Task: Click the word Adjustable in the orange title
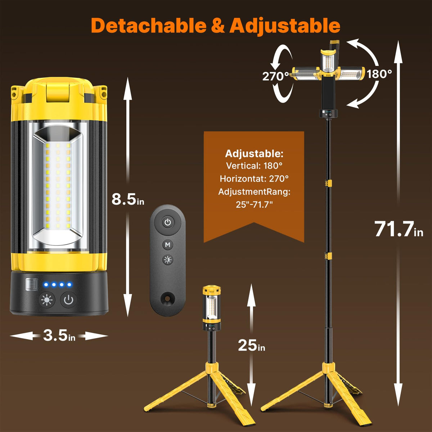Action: (285, 26)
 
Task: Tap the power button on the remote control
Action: (168, 222)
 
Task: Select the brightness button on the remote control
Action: (168, 260)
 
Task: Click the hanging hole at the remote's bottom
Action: (167, 298)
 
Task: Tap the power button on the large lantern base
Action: (68, 300)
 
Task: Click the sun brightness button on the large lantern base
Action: (47, 300)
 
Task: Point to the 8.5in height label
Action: (128, 199)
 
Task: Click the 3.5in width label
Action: (59, 336)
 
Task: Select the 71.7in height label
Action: (399, 229)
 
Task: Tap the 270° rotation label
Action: (276, 76)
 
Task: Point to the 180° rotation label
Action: (379, 74)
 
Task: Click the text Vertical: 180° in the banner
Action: (254, 166)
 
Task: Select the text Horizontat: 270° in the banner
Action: (254, 179)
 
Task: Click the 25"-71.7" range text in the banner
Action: (254, 204)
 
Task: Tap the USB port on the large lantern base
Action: (31, 285)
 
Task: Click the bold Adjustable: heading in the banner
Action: (254, 154)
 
